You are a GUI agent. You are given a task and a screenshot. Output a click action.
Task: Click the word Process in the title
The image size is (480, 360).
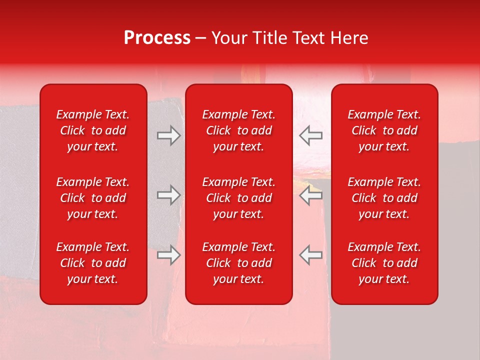(157, 38)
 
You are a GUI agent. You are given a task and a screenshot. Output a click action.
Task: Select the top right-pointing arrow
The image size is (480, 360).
(169, 135)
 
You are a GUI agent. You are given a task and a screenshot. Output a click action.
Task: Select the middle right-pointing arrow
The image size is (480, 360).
(169, 195)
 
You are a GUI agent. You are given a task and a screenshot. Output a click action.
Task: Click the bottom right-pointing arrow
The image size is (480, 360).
(169, 255)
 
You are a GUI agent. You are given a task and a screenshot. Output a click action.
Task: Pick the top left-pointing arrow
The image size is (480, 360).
(310, 135)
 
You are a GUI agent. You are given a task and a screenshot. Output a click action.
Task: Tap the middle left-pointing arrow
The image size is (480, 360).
(310, 195)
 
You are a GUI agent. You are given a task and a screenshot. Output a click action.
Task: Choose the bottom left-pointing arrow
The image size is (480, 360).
(310, 255)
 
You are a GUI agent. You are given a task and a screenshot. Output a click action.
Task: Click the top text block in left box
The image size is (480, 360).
(93, 130)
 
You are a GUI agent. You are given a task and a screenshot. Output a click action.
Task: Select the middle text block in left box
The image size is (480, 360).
(93, 198)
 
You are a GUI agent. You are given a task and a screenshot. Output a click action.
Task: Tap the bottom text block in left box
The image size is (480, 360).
(93, 263)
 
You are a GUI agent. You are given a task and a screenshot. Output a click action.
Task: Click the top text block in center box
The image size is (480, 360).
(238, 130)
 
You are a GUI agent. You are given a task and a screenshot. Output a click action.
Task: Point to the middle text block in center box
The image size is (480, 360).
(238, 198)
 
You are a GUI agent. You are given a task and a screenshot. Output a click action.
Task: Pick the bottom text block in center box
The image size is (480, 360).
(238, 263)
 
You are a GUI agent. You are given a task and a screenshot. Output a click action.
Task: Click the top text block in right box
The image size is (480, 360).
(384, 130)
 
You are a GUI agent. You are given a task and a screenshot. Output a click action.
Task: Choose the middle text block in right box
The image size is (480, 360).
(384, 198)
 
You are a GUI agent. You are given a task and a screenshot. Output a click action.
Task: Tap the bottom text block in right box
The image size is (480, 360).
(384, 263)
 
